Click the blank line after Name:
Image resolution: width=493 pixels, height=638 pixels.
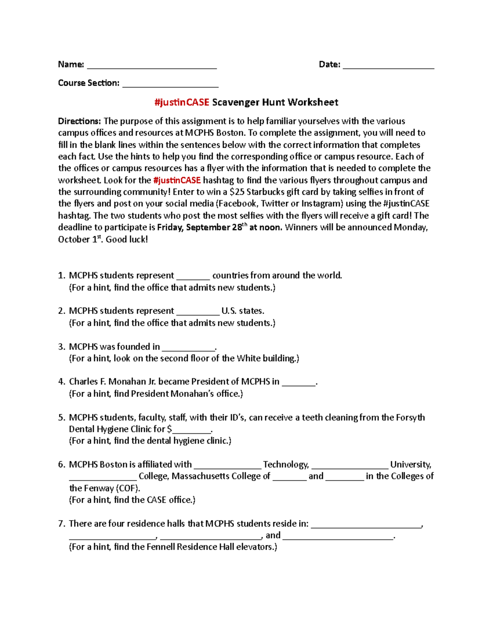pyautogui.click(x=152, y=67)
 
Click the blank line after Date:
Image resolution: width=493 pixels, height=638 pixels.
pyautogui.click(x=388, y=67)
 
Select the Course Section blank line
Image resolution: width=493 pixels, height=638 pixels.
pyautogui.click(x=170, y=85)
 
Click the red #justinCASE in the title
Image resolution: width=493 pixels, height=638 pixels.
pyautogui.click(x=182, y=102)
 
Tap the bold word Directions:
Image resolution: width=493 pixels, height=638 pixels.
pyautogui.click(x=79, y=121)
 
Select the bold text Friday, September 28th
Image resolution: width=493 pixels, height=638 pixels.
pyautogui.click(x=202, y=227)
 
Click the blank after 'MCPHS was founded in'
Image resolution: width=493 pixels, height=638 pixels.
pyautogui.click(x=188, y=349)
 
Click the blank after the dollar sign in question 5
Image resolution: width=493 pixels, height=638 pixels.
pyautogui.click(x=191, y=431)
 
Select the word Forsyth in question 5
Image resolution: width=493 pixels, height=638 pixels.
pyautogui.click(x=410, y=417)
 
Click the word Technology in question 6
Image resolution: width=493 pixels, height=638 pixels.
pyautogui.click(x=286, y=465)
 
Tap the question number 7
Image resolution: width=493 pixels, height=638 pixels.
pyautogui.click(x=62, y=524)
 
